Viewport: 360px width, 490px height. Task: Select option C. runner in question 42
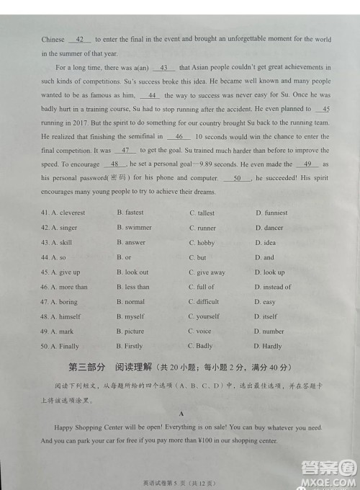202,228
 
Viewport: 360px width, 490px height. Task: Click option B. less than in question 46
133,288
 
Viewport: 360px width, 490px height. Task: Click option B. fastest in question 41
130,213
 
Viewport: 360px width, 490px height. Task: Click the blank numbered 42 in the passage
79,40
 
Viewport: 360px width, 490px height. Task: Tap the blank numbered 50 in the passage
238,177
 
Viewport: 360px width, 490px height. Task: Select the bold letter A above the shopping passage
181,414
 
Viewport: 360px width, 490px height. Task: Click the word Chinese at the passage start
53,40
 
